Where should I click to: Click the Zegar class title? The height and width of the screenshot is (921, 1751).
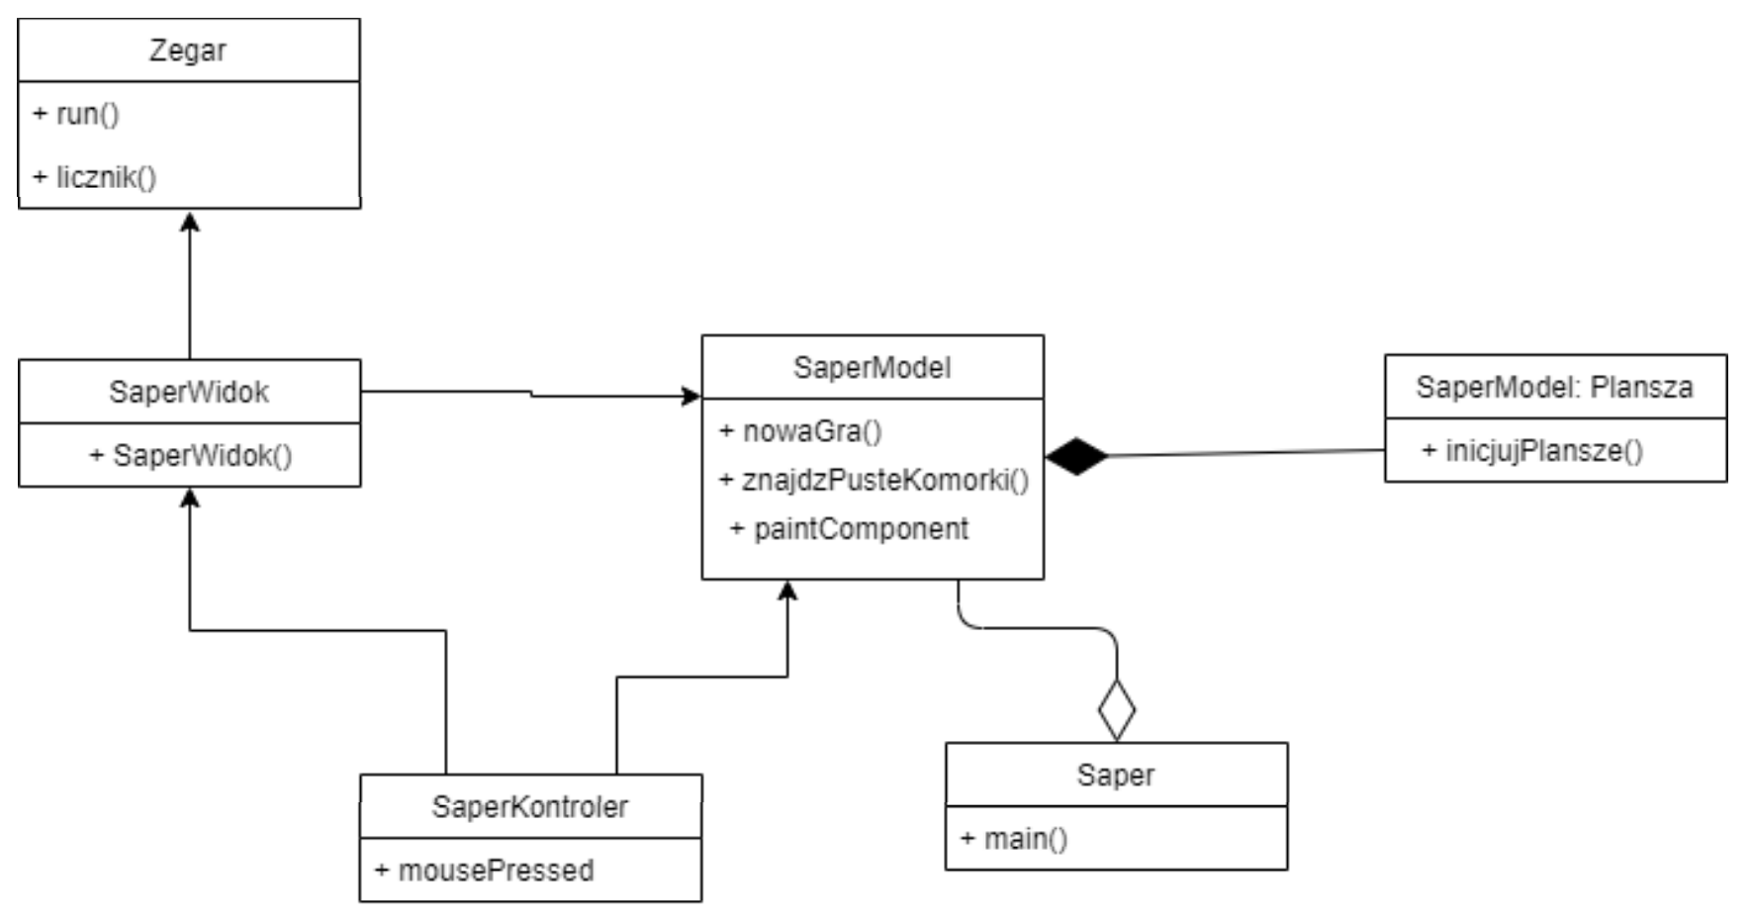click(x=188, y=50)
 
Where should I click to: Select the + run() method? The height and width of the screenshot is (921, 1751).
click(x=77, y=114)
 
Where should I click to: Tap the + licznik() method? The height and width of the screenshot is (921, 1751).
click(x=96, y=178)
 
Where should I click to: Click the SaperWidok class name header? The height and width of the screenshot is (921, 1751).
click(x=189, y=392)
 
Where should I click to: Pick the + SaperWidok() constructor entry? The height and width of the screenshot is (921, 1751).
click(x=191, y=455)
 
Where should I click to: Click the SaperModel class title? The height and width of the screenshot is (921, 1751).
click(x=872, y=368)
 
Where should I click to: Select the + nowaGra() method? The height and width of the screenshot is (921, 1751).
click(x=801, y=431)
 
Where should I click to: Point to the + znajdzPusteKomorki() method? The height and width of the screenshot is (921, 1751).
click(x=875, y=480)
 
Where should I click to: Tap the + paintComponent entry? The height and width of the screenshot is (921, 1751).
click(x=850, y=528)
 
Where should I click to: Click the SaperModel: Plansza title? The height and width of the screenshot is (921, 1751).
click(x=1554, y=387)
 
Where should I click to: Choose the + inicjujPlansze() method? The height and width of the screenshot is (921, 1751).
click(x=1532, y=451)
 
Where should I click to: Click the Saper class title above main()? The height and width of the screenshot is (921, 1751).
click(x=1115, y=775)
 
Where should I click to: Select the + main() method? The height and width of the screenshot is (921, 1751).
click(x=1015, y=839)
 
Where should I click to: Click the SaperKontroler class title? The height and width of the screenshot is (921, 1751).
click(x=529, y=806)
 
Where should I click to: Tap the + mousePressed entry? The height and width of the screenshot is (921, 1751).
click(x=485, y=871)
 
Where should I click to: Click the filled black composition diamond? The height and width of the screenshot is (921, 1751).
click(x=1076, y=456)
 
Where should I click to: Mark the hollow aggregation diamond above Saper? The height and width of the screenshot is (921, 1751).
click(x=1116, y=710)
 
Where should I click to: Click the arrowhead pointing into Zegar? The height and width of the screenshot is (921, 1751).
click(x=190, y=221)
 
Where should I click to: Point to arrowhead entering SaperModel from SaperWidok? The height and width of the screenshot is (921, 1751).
click(x=691, y=397)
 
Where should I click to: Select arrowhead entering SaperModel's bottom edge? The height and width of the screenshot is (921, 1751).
click(x=787, y=591)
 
